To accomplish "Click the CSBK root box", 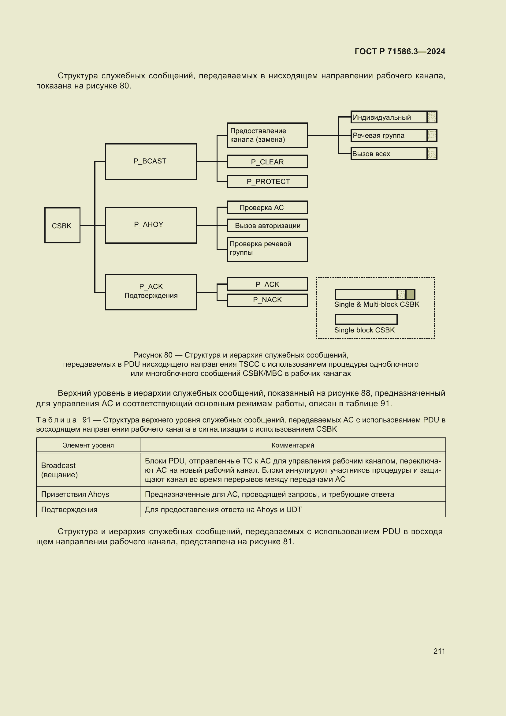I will click(x=62, y=225).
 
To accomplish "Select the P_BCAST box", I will click(x=151, y=161).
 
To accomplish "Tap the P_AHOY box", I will click(x=151, y=225).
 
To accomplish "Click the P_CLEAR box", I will click(x=267, y=162).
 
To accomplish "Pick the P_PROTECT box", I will click(x=267, y=182).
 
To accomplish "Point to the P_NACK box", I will click(x=267, y=300).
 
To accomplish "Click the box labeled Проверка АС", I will click(x=267, y=207).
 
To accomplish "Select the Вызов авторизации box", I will click(x=267, y=226).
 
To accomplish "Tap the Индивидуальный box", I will click(x=389, y=117).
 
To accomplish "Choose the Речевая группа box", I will click(x=389, y=135).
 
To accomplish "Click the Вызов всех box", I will click(x=389, y=154).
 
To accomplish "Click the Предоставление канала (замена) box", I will click(x=267, y=135).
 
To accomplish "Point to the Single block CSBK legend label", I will click(x=364, y=330).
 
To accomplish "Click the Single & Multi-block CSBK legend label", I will click(x=377, y=304).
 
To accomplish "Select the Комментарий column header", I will click(x=292, y=445).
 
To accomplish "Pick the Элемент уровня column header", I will click(x=88, y=445).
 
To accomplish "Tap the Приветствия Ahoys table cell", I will click(x=75, y=494).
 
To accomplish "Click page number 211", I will click(x=439, y=651).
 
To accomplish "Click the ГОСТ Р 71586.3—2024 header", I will click(x=400, y=51).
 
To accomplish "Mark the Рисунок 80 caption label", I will click(x=152, y=355).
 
